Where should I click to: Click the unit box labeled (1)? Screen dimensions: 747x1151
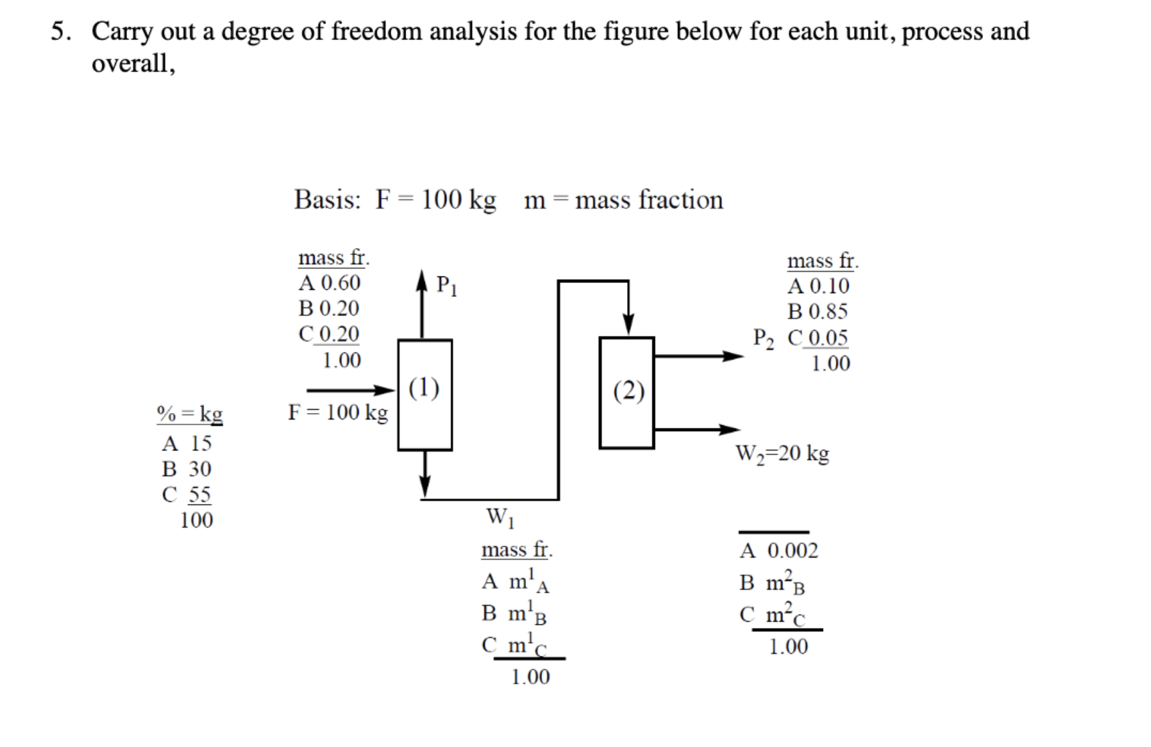pos(424,395)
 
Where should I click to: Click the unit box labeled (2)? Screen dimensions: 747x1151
pos(626,393)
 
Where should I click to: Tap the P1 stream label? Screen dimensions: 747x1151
pos(446,286)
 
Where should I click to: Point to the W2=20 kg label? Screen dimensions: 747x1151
pos(782,454)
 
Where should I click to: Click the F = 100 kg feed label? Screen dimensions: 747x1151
pos(337,412)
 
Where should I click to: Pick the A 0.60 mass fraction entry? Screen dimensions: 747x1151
pos(329,283)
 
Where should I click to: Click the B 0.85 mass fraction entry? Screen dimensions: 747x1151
pos(817,312)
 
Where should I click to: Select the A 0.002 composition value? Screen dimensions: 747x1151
pos(779,551)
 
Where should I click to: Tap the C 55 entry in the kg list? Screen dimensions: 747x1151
pos(187,495)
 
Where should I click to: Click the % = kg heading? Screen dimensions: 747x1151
pos(189,414)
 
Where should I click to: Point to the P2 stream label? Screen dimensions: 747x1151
pos(764,337)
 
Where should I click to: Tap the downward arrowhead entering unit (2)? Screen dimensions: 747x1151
pos(628,324)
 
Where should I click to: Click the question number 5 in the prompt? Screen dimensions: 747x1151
pos(60,31)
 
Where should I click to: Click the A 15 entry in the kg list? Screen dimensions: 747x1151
pos(187,443)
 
